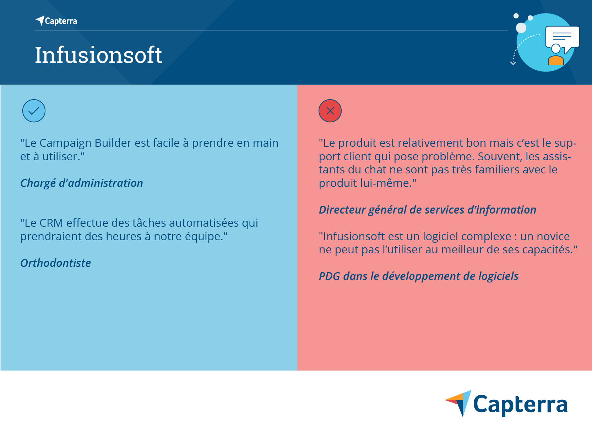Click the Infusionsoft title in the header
click(98, 55)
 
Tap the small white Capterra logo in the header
click(56, 21)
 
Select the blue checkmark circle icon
click(34, 111)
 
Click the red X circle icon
click(330, 111)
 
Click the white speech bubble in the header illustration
click(562, 38)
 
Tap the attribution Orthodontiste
click(55, 263)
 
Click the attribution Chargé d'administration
click(81, 183)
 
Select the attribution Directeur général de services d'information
click(427, 210)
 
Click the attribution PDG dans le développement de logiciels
click(418, 276)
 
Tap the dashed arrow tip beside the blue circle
click(513, 63)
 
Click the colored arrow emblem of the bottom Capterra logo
click(459, 403)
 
